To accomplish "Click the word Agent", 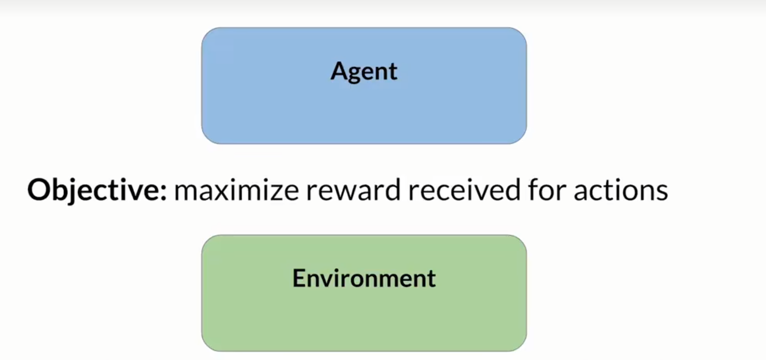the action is coord(364,72).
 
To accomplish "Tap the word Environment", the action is coord(364,278).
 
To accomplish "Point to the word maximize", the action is coord(236,191).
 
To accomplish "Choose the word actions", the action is coord(620,191).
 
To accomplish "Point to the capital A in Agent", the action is coord(339,71).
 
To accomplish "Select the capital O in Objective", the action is coord(38,191).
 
